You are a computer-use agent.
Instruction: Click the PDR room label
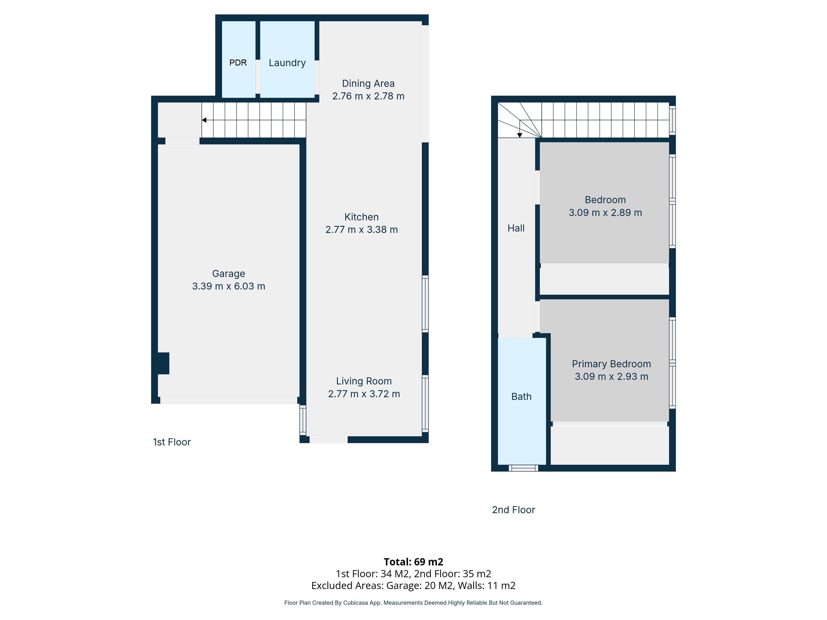click(238, 63)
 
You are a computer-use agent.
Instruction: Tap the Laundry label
click(287, 63)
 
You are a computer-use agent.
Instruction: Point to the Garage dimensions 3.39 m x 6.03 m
click(228, 286)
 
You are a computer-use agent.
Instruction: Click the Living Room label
click(364, 381)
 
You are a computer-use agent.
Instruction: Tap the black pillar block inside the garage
click(163, 363)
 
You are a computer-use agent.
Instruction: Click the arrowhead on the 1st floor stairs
click(204, 120)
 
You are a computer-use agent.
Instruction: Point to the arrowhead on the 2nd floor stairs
click(520, 135)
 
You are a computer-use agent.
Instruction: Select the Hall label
click(516, 228)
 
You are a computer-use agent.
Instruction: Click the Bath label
click(521, 397)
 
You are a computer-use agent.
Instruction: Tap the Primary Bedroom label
click(611, 364)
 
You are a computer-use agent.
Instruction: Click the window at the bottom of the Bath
click(523, 468)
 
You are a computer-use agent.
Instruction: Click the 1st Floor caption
click(172, 442)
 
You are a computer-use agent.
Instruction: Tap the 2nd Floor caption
click(513, 510)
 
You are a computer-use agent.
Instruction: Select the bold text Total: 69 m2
click(413, 562)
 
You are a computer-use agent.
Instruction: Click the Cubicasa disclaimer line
click(413, 603)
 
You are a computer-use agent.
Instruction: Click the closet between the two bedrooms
click(604, 281)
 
